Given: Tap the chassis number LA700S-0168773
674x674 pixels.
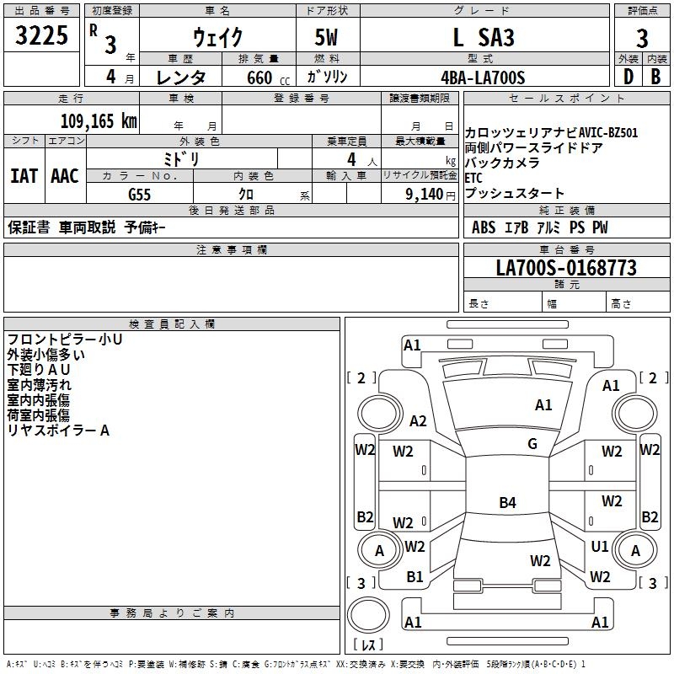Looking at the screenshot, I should coord(565,269).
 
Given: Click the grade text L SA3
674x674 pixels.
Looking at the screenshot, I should coord(483,37).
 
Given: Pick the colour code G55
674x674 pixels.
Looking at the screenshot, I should coord(140,194).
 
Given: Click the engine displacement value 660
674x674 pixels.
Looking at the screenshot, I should coord(259,78).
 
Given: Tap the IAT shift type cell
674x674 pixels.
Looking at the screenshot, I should coord(24,176).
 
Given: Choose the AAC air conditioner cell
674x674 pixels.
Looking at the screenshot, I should coord(65,176).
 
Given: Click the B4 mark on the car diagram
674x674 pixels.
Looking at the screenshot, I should coord(507,503).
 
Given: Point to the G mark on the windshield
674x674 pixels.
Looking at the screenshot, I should coord(532,444).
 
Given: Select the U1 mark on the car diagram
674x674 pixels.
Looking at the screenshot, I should coord(599,546).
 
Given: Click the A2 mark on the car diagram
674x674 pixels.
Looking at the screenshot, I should coord(418,421).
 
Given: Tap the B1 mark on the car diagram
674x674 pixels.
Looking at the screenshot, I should coord(415,577).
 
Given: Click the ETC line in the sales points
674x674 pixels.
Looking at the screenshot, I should coord(474,178).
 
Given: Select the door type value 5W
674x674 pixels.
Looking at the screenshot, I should coord(328,37).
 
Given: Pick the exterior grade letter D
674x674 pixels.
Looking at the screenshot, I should coord(628,78).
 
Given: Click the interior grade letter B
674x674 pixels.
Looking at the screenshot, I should coord(655,78).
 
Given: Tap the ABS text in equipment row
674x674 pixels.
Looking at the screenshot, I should coord(484,227).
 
